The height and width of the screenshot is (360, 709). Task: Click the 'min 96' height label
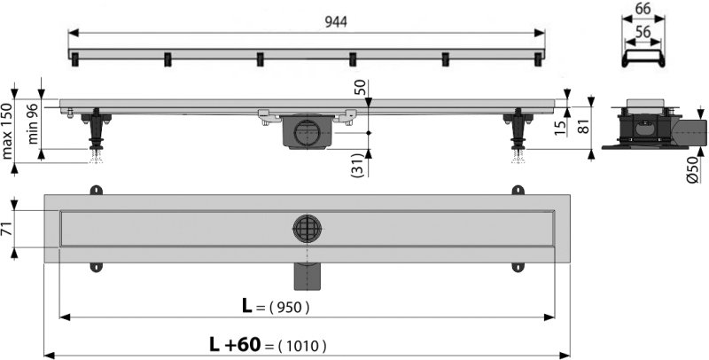pyautogui.click(x=34, y=127)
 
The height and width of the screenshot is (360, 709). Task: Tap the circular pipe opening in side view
pyautogui.click(x=308, y=131)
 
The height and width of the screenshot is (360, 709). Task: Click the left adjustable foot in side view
pyautogui.click(x=95, y=133)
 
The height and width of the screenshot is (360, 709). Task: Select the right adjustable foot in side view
pyautogui.click(x=517, y=133)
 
